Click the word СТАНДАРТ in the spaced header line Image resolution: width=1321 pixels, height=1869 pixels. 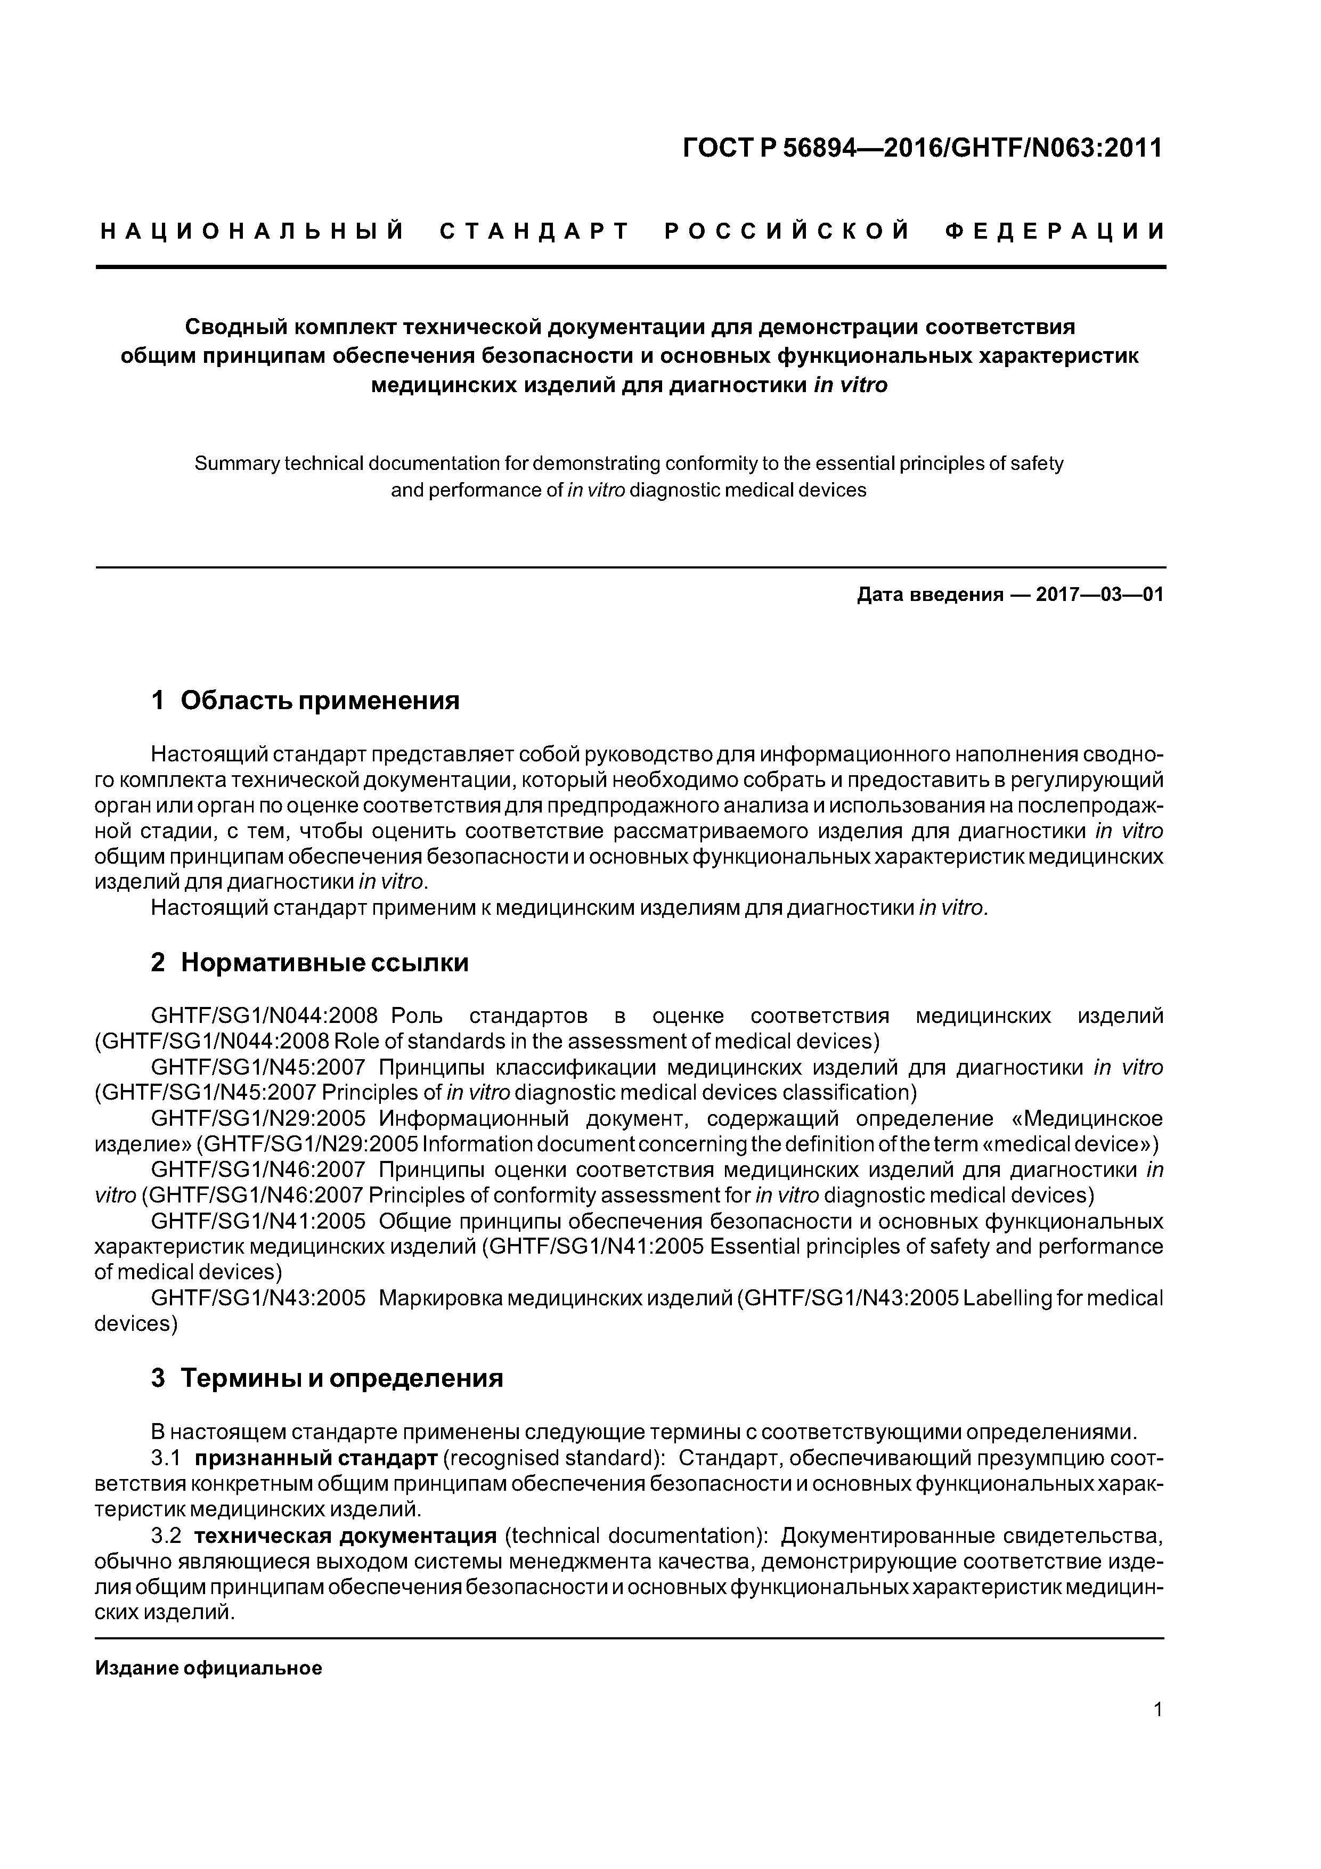535,232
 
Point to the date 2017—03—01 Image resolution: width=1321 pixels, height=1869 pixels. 1099,595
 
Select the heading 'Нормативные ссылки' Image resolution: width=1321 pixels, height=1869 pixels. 325,963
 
